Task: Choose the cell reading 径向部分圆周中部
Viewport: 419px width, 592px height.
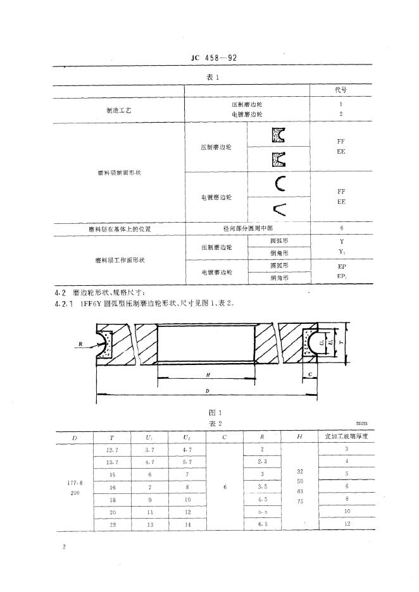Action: pos(246,228)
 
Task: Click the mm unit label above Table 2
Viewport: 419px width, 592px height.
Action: pos(361,423)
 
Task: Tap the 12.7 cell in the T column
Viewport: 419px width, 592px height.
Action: pos(111,448)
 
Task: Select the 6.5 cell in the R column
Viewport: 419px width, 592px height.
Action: pos(262,524)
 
